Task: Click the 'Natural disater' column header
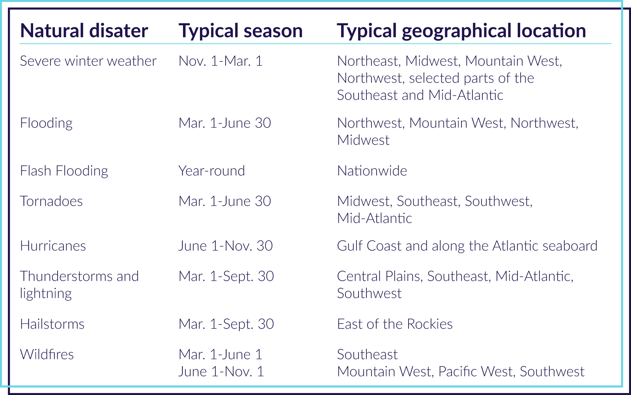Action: coord(84,30)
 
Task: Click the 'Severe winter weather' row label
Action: coord(88,61)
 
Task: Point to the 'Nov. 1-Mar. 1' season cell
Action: coord(220,61)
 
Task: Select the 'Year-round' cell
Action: coord(212,171)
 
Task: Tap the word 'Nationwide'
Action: coord(372,171)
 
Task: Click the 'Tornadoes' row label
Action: coord(51,201)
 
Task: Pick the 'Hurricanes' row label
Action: coord(53,246)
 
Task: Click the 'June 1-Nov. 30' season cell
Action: coord(226,246)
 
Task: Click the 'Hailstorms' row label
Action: coord(52,324)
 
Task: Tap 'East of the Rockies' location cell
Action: coord(395,324)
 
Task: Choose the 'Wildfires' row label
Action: coord(47,355)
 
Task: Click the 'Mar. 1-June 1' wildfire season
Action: coord(220,355)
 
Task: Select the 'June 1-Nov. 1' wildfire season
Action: coord(221,372)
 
